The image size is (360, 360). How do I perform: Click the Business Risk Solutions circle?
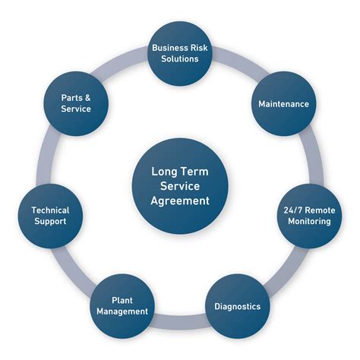click(180, 52)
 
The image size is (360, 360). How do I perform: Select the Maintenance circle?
click(283, 103)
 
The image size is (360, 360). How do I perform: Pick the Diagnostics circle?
click(237, 306)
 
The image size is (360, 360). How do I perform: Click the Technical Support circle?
click(50, 216)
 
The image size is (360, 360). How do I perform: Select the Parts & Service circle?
click(76, 103)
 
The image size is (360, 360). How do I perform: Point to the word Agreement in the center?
click(180, 201)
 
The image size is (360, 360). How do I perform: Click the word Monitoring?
click(308, 222)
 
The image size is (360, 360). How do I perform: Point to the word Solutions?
click(180, 58)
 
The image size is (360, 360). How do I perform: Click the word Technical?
click(50, 210)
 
